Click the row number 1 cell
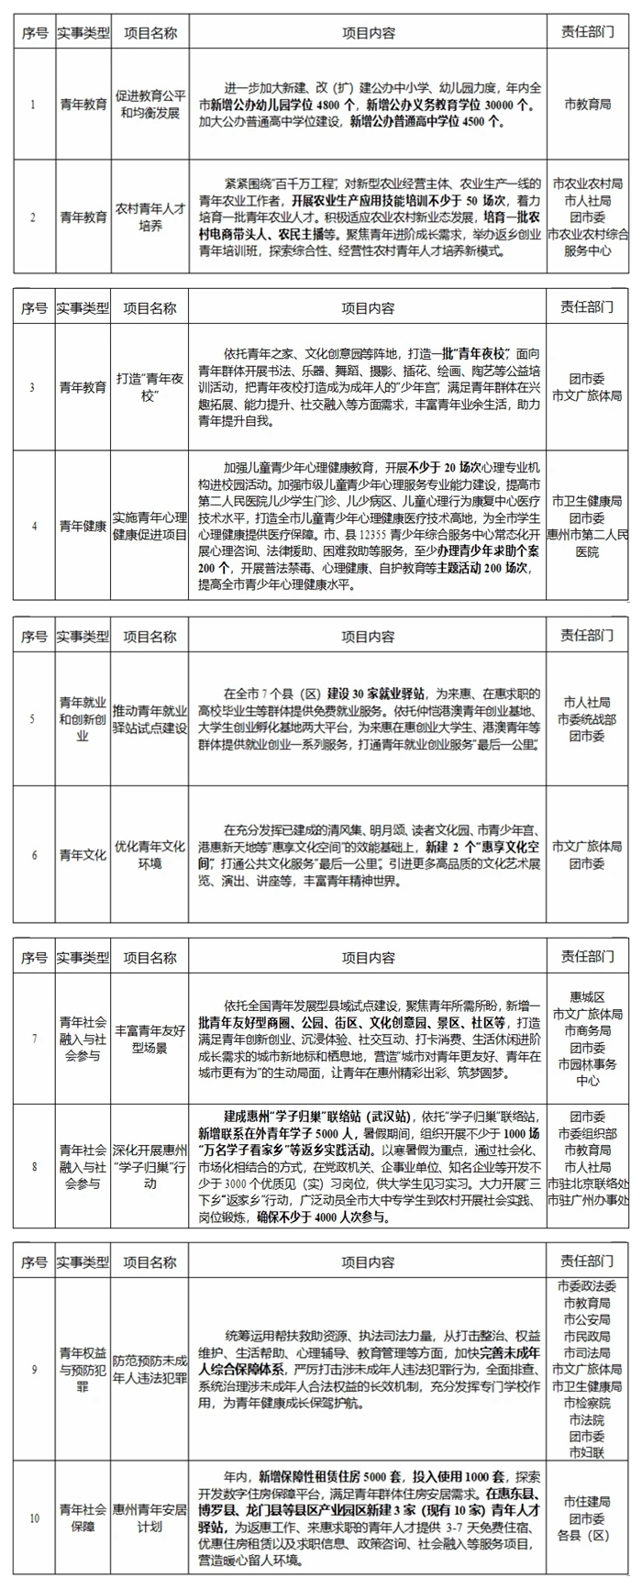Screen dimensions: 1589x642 (34, 105)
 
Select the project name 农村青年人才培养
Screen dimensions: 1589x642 (149, 217)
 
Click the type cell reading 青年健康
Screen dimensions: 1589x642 (83, 527)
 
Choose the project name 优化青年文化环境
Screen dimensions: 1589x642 (149, 855)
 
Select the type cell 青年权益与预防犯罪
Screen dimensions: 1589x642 (83, 1370)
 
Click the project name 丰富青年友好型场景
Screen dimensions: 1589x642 (149, 1039)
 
